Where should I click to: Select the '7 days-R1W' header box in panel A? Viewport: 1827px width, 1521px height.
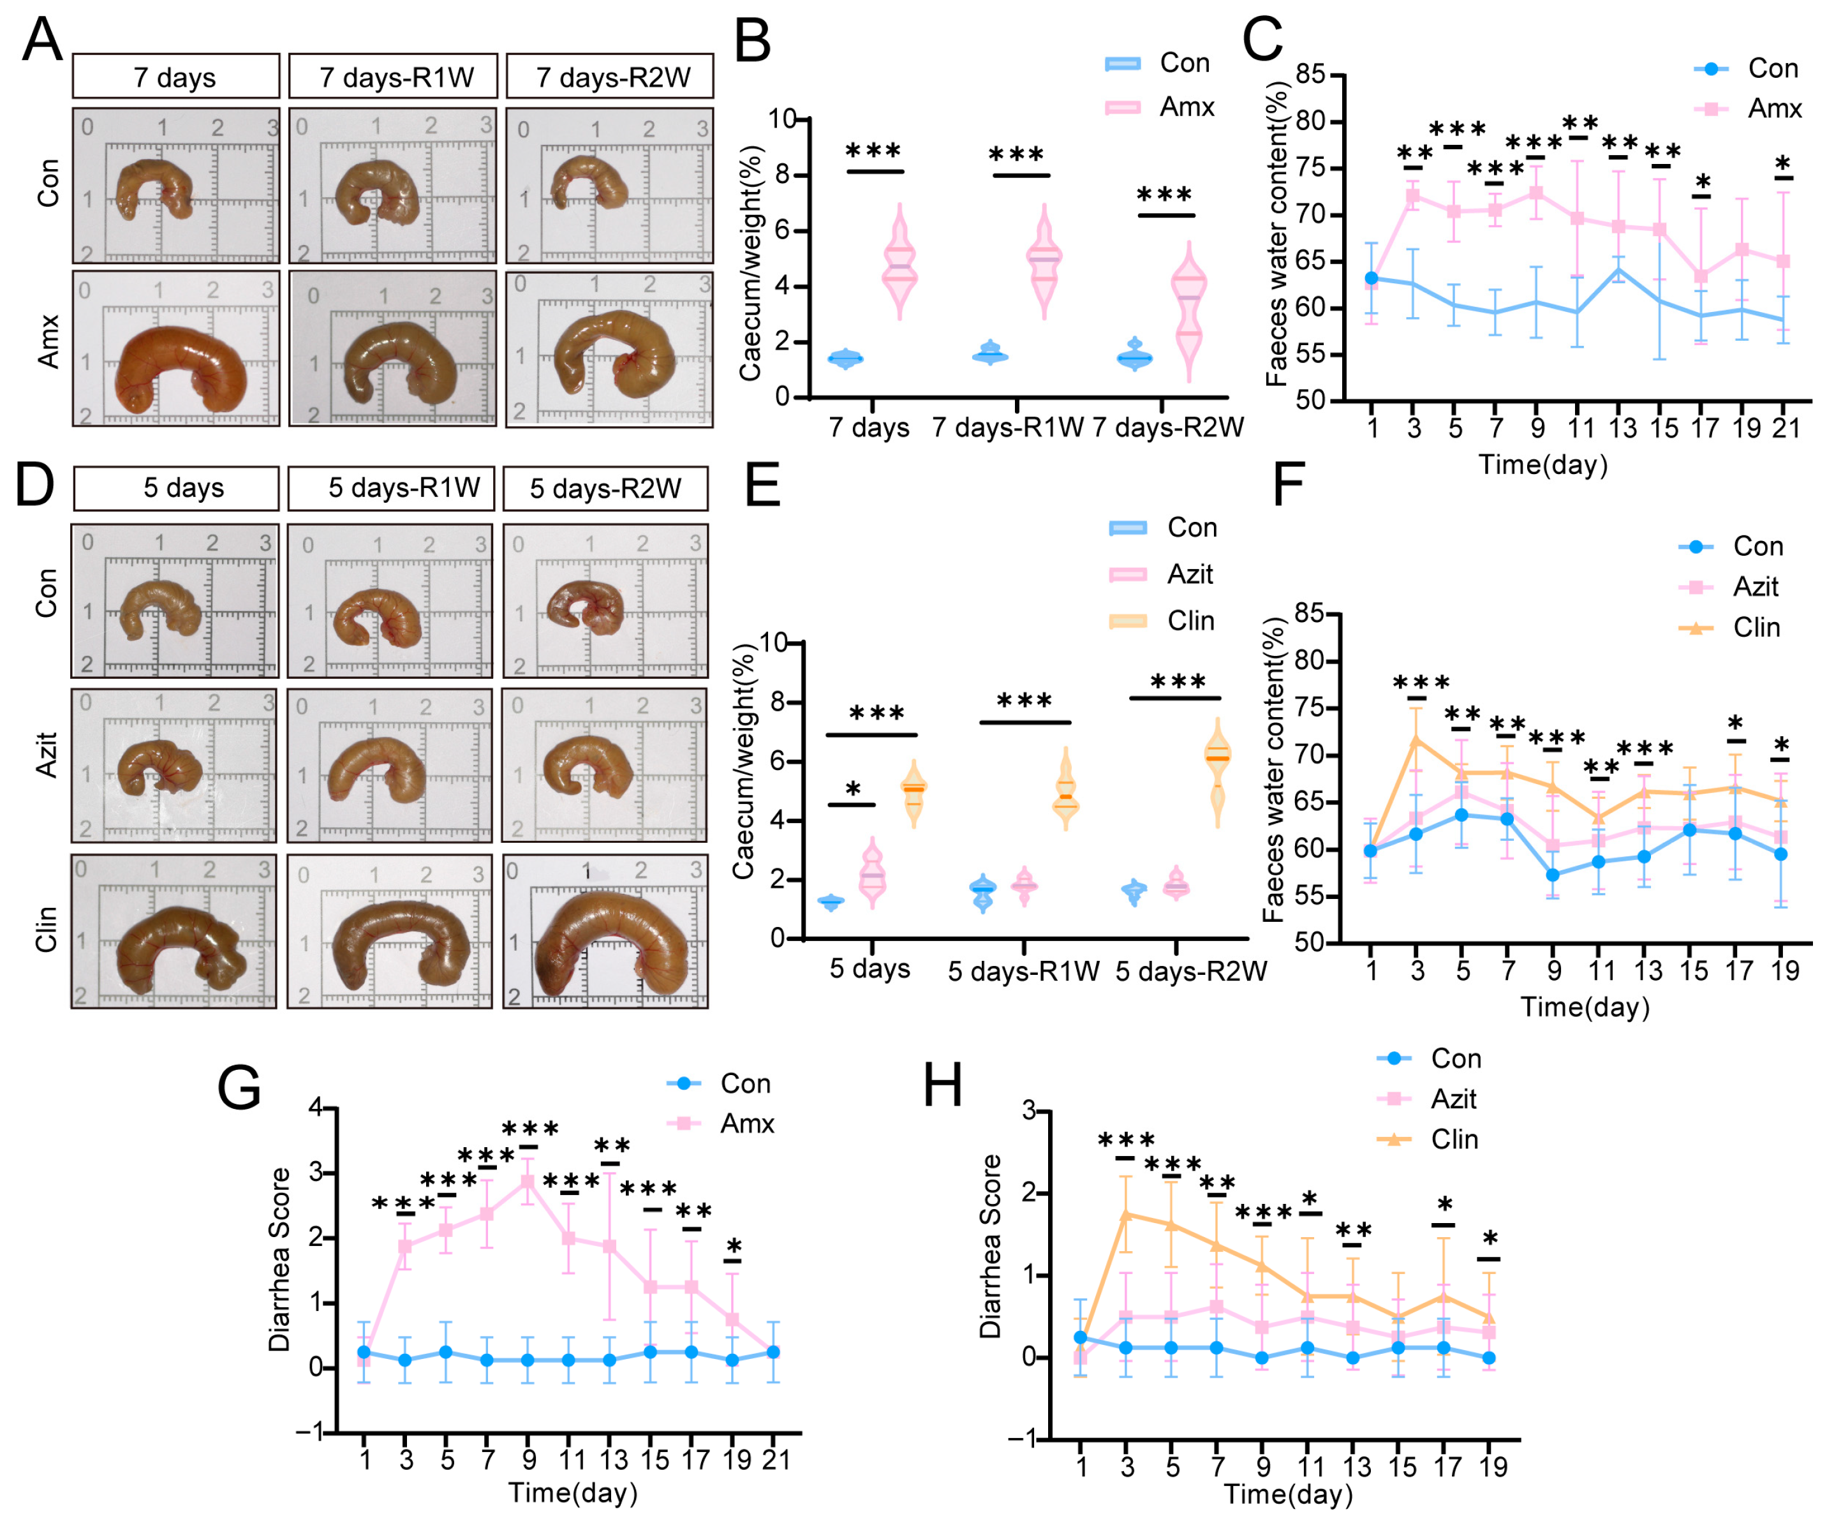click(x=393, y=77)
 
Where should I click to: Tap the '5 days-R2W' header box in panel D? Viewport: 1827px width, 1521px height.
click(x=605, y=488)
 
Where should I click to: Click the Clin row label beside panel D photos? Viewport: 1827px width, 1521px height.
click(x=46, y=930)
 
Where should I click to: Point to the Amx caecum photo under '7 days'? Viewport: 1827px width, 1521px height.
click(x=175, y=348)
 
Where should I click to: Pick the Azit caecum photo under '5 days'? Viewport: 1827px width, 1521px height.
click(x=174, y=765)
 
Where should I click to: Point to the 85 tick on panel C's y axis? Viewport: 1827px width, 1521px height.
click(x=1310, y=74)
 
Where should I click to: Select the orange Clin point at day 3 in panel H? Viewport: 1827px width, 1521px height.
click(x=1127, y=1214)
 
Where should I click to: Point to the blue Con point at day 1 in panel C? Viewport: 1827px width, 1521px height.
click(x=1372, y=278)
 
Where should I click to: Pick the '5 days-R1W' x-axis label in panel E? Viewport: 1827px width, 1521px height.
click(x=1023, y=971)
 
